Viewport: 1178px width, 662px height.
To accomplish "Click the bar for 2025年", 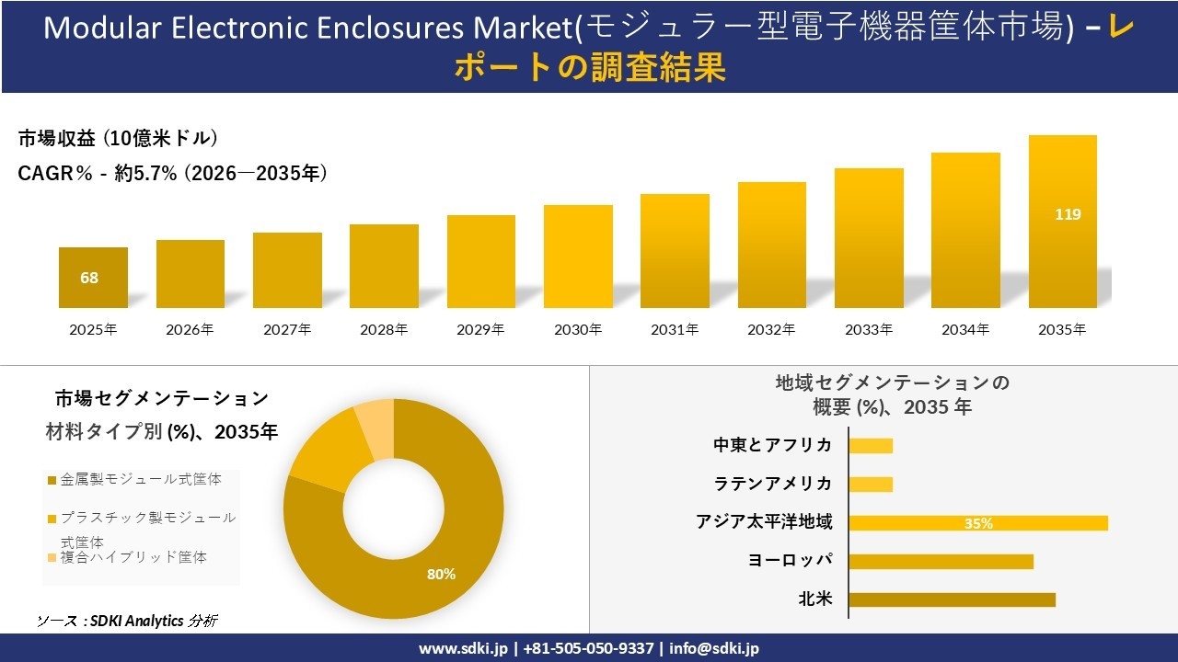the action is (93, 278).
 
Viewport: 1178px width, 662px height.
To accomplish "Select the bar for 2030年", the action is (578, 257).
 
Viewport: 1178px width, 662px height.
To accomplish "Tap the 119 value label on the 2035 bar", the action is (1068, 214).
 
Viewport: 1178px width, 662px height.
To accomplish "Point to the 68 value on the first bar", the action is (89, 278).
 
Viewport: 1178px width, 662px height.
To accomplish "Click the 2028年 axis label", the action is (384, 329).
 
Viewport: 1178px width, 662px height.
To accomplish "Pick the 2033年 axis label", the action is (869, 329).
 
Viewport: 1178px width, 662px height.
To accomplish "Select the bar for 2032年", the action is (772, 245).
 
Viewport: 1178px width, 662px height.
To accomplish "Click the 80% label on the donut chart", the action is (441, 574).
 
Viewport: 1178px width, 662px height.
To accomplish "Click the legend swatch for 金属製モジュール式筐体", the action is (52, 480).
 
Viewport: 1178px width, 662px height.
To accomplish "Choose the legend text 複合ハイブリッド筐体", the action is (133, 557).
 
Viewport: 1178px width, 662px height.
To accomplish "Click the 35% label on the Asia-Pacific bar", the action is (978, 523).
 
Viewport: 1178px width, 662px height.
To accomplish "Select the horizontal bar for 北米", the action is (952, 599).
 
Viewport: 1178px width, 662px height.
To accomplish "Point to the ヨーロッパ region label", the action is (790, 560).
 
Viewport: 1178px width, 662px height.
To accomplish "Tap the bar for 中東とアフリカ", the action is (871, 446).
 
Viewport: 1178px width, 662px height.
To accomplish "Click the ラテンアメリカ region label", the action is (772, 484).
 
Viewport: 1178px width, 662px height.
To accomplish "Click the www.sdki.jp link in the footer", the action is (463, 648).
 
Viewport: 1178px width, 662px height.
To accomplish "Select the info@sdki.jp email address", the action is (714, 648).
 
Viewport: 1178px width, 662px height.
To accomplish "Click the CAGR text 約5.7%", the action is (145, 173).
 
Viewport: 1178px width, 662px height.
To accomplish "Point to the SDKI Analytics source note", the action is (127, 621).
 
